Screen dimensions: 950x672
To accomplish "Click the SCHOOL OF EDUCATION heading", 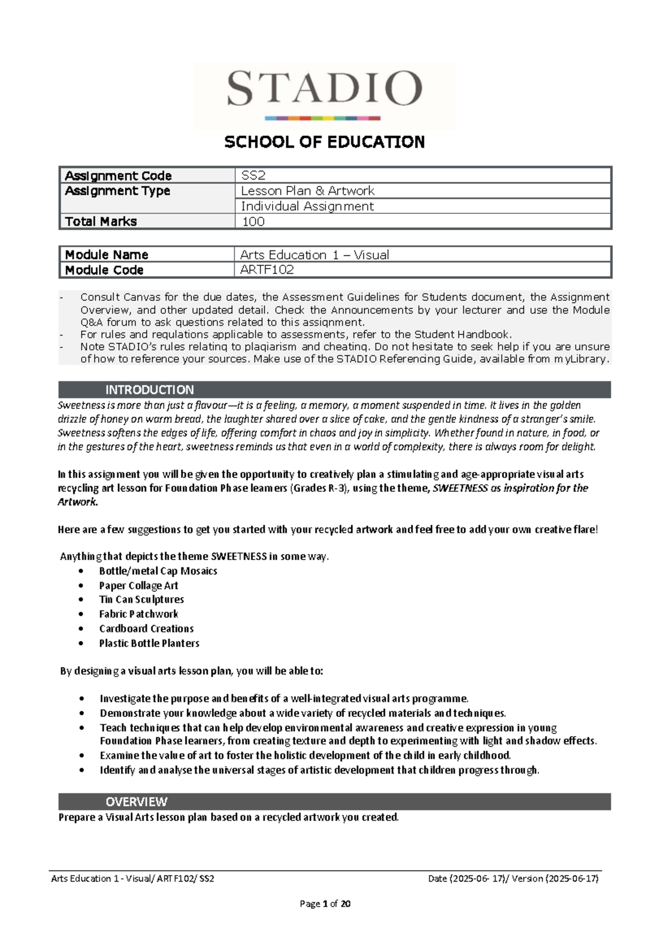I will [324, 142].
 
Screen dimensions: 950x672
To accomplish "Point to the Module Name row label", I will [106, 255].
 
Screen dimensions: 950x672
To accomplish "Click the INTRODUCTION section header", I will [150, 390].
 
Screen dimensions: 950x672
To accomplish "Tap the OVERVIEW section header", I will [137, 802].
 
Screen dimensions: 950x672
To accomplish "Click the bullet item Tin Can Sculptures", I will [142, 599].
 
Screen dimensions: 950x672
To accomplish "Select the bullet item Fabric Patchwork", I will [138, 614].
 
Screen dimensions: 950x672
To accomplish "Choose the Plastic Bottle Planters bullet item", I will [149, 643].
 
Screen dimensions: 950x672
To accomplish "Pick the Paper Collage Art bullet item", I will [138, 585].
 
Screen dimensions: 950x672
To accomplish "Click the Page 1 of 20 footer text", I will [325, 904].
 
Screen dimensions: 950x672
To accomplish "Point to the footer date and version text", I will [513, 878].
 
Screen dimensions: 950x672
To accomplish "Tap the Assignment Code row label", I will [118, 176].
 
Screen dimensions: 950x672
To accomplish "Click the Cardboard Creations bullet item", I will [146, 628].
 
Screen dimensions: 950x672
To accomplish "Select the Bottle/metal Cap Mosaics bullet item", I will [158, 571].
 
